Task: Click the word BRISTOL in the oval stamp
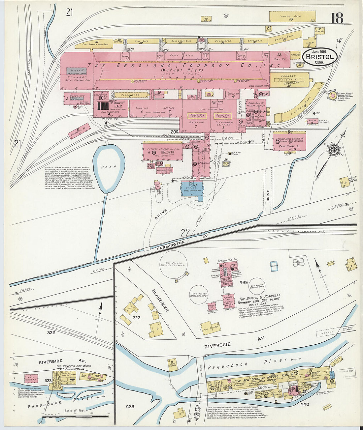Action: click(320, 57)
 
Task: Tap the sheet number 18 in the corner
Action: click(337, 18)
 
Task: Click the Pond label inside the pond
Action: click(109, 167)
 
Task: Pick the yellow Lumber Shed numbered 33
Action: click(292, 17)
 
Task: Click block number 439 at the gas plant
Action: click(244, 282)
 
